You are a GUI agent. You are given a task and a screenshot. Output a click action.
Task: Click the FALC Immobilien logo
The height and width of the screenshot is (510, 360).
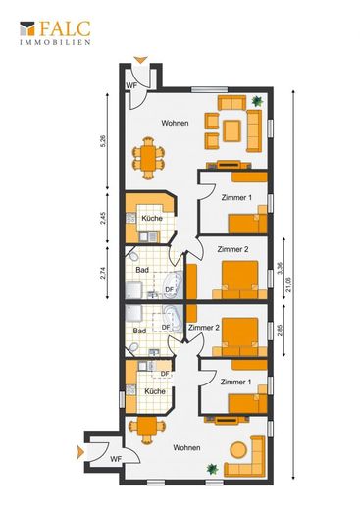pos(55,33)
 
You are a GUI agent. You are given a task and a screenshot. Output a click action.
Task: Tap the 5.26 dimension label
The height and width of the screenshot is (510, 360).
pos(103,142)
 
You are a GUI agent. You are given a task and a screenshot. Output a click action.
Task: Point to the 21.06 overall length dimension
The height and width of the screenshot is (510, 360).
pos(288,284)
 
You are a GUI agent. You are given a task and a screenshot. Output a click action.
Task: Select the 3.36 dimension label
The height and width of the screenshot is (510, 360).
pos(279,269)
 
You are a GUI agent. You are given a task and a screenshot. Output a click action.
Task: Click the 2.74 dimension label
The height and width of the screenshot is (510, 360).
pos(103,273)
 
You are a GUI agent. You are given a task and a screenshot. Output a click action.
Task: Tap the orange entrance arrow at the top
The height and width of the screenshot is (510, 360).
pos(141,60)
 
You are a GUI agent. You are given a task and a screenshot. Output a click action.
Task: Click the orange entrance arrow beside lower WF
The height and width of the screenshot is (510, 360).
pos(80,452)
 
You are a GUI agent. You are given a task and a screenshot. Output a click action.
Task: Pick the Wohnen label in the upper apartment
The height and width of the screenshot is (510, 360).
pos(175,123)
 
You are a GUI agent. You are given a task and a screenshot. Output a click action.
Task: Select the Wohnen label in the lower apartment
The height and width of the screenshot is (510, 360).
pos(186,447)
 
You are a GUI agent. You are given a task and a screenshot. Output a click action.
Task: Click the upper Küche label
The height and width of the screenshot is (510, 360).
pos(152,218)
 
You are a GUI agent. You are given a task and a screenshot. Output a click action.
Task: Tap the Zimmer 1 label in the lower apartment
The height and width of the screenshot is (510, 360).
pos(235,382)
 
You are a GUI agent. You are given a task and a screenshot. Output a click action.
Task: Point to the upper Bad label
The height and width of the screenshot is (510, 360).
pos(142,270)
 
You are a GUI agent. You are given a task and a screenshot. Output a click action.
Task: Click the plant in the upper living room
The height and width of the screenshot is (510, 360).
pos(257,101)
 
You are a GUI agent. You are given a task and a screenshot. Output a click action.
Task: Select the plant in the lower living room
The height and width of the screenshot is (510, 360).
pos(213,469)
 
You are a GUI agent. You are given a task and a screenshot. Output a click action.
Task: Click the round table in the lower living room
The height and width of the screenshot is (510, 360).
pos(238,450)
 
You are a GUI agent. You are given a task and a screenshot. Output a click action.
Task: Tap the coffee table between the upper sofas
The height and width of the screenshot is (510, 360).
pos(231,130)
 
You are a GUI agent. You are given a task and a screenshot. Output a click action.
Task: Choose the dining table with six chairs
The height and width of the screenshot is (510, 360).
pos(148,158)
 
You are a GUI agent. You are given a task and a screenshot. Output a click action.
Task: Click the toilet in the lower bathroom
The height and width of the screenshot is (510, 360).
pos(133,347)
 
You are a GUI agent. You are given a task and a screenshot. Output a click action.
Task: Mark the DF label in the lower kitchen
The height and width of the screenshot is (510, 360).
pos(165,374)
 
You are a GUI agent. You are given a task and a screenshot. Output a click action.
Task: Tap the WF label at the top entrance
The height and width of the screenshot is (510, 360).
pos(131,85)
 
